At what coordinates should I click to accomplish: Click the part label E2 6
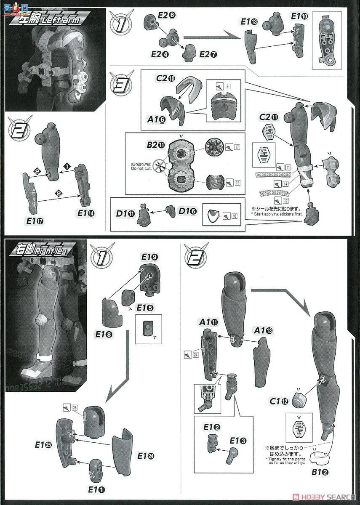pyautogui.click(x=166, y=14)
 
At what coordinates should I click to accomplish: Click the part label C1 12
pyautogui.click(x=280, y=401)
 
